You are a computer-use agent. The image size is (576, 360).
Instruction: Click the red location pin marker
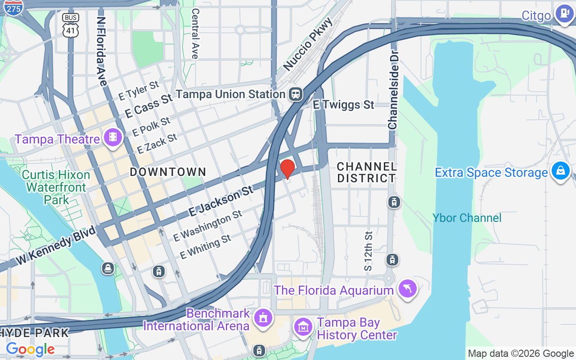click(x=287, y=169)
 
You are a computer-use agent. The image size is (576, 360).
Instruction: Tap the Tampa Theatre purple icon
click(x=113, y=138)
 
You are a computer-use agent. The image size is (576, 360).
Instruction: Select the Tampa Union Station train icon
click(x=296, y=94)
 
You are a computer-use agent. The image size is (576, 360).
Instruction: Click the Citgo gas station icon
click(x=562, y=14)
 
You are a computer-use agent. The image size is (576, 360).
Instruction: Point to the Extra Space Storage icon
click(x=561, y=171)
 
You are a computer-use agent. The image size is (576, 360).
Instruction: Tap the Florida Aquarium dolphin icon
click(x=407, y=288)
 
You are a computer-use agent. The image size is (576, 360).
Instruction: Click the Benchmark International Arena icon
click(x=263, y=318)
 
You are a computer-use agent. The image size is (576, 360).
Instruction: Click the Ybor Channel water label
click(x=467, y=218)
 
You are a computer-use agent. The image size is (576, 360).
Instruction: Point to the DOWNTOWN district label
click(x=168, y=172)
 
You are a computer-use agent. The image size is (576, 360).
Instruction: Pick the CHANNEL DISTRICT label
click(x=366, y=172)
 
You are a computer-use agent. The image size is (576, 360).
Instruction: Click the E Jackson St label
click(x=221, y=202)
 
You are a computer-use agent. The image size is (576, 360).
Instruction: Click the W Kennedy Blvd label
click(x=56, y=245)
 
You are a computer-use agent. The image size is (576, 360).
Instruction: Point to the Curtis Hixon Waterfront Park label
click(x=56, y=187)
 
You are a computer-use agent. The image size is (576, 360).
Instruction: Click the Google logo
click(x=30, y=349)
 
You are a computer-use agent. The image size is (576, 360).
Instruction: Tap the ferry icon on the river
click(x=108, y=269)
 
